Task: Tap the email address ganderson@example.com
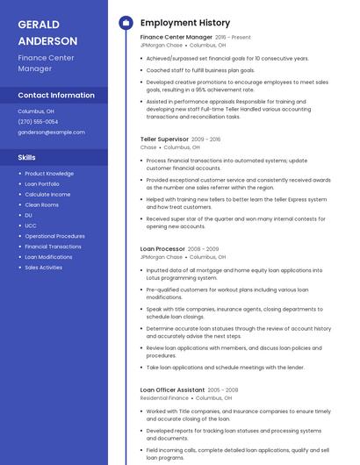tap(51, 132)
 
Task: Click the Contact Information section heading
tap(56, 95)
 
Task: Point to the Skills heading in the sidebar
tap(27, 157)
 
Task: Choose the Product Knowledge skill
tap(49, 174)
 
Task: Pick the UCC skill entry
tap(31, 225)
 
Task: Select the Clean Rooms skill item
tap(41, 204)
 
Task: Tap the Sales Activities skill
tap(44, 268)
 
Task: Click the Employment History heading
tap(185, 23)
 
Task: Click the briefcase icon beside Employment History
tap(125, 23)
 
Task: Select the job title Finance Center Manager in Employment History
tap(176, 38)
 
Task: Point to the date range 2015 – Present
tap(234, 38)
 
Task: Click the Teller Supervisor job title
tap(164, 139)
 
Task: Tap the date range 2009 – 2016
tap(206, 139)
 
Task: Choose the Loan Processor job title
tap(162, 249)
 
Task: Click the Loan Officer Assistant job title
tap(172, 390)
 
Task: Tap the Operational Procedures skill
tap(54, 236)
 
